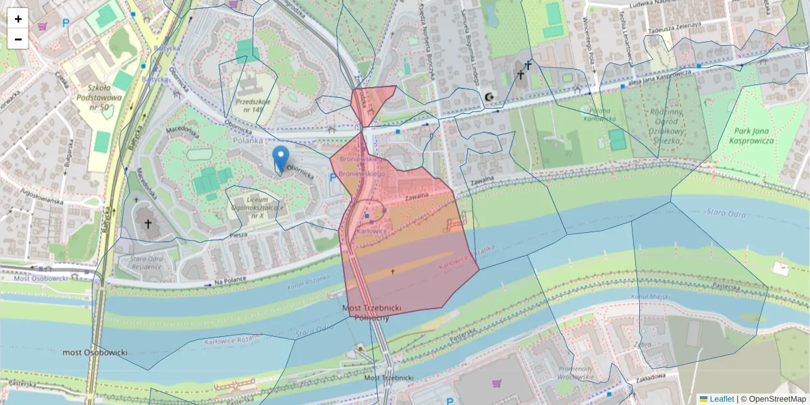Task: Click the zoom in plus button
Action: (x=18, y=19)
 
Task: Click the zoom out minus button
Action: (x=18, y=39)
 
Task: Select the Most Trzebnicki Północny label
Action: (x=372, y=313)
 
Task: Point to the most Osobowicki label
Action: (x=94, y=352)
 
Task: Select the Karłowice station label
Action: (x=371, y=231)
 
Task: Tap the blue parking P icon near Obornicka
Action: (x=331, y=178)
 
